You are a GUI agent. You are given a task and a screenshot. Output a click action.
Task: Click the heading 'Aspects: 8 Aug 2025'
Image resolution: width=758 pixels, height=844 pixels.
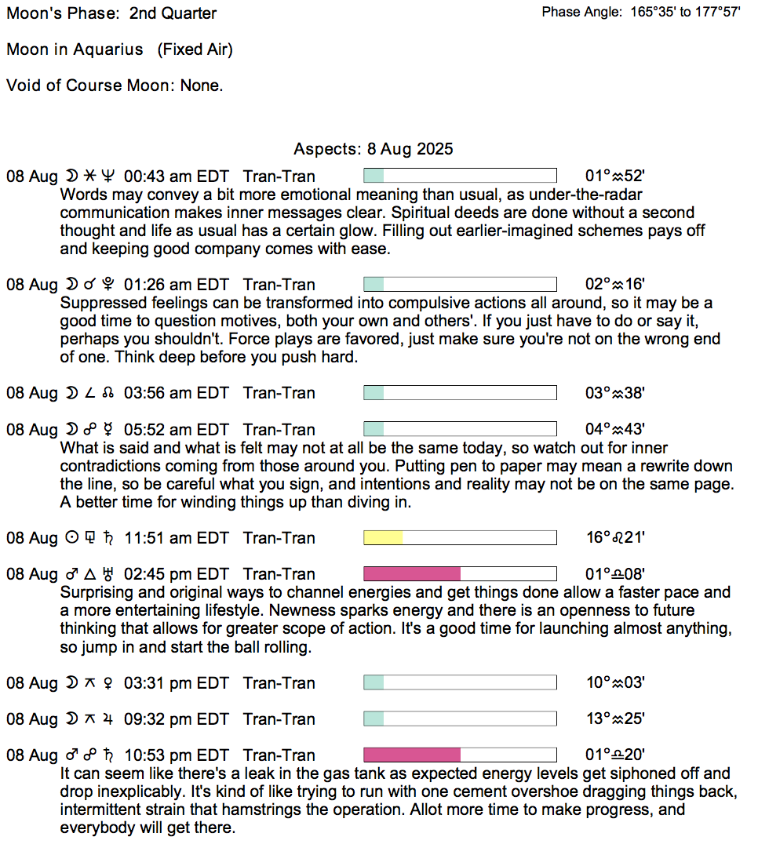(373, 149)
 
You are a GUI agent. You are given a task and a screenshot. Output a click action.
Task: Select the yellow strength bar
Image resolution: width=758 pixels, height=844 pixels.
(383, 538)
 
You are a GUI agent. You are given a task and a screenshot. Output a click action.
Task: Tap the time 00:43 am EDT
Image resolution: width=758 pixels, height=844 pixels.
(176, 176)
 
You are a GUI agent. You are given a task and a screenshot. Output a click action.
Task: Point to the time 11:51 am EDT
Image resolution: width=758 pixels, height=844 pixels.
(176, 538)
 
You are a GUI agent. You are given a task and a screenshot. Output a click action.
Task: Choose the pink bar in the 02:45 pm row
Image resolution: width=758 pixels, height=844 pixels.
(412, 574)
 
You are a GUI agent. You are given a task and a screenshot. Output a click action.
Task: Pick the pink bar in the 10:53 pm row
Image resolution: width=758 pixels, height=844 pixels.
(412, 755)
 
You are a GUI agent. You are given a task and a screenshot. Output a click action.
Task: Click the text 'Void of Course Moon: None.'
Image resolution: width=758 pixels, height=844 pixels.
(115, 85)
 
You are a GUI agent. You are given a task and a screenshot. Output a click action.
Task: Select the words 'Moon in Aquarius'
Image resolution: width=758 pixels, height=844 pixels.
(75, 49)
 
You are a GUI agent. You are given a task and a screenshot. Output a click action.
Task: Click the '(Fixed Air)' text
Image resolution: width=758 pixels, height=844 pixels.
(195, 49)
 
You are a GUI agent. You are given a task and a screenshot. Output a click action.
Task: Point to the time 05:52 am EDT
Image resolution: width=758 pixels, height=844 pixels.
(176, 430)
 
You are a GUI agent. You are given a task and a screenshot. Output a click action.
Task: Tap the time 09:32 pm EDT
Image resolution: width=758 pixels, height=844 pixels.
(176, 719)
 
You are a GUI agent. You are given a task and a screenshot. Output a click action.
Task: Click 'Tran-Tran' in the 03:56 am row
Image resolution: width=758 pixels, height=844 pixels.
(279, 393)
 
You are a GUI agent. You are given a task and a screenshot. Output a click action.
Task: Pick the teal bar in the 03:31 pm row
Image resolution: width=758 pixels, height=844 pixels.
(374, 682)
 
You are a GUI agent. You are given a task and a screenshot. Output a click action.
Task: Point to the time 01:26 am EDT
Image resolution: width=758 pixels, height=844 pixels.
(176, 285)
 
